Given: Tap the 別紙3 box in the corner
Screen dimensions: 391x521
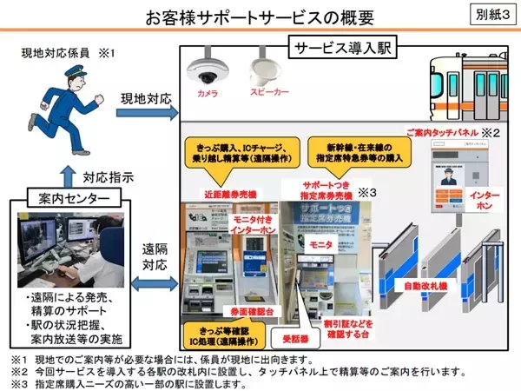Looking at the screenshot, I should (x=492, y=15).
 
